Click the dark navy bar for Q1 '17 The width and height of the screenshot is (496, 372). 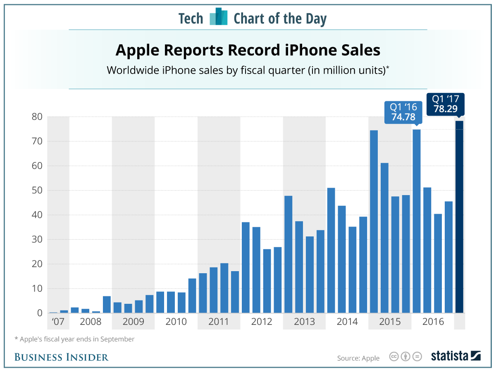pos(459,217)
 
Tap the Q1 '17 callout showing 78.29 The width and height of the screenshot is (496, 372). pos(445,104)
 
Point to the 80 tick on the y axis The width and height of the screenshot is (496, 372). pos(37,117)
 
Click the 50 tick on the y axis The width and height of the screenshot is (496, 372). pos(37,191)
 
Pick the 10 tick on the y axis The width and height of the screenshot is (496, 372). pos(37,289)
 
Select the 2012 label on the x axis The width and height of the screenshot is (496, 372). pos(262,322)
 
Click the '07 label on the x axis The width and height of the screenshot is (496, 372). pos(58,322)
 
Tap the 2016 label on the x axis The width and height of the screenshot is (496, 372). pos(433,322)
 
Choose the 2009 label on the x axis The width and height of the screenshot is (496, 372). pos(133,322)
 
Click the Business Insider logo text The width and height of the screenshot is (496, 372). pos(62,357)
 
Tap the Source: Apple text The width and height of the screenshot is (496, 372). pos(358,358)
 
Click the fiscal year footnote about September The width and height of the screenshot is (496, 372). pos(74,339)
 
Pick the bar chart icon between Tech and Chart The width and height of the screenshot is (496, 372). pos(219,17)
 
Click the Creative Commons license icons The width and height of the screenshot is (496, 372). pos(405,357)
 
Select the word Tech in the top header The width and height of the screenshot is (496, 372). pos(191,19)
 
